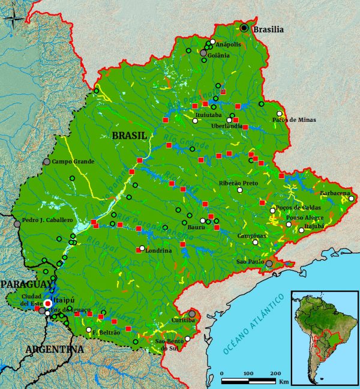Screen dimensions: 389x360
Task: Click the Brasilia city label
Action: point(268,29)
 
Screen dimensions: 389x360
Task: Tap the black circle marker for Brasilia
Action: point(244,28)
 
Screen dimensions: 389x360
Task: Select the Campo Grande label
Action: point(74,161)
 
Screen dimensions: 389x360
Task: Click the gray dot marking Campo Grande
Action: point(47,161)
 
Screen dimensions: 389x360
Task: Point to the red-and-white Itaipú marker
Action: point(48,304)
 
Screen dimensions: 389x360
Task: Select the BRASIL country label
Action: point(129,136)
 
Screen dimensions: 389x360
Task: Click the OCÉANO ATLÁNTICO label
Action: point(253,324)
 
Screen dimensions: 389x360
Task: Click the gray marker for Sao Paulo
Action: point(269,264)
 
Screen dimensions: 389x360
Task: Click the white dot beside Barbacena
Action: point(352,199)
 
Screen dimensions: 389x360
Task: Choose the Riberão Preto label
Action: point(239,183)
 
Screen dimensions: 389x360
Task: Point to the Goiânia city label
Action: point(218,55)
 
